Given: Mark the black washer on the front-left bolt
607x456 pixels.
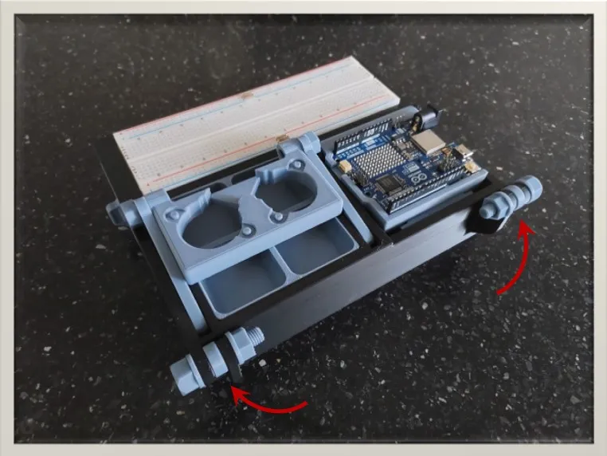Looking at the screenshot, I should (234, 351).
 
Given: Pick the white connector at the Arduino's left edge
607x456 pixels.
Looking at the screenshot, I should (344, 167).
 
